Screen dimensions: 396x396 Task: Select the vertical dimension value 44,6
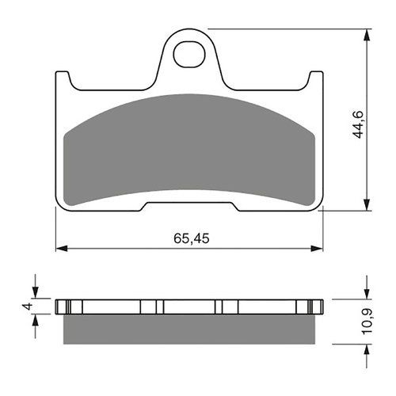click(x=358, y=123)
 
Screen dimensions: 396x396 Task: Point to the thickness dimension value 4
click(x=27, y=307)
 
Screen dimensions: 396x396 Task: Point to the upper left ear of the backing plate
click(x=63, y=79)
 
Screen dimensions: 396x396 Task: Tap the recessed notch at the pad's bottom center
click(x=190, y=208)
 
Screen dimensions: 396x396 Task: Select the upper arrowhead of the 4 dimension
click(x=36, y=293)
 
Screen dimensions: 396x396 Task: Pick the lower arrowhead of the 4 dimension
click(x=36, y=320)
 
